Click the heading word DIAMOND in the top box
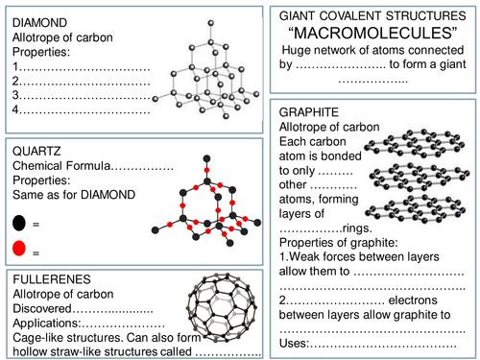click(39, 23)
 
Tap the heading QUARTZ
click(36, 151)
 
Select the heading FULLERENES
click(52, 279)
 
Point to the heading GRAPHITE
click(309, 112)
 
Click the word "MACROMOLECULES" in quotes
click(372, 33)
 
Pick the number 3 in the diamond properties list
click(15, 95)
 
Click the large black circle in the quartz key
click(19, 223)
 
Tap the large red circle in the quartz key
click(19, 248)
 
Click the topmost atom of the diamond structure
click(210, 23)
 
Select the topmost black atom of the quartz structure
click(206, 158)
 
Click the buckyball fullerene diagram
click(222, 307)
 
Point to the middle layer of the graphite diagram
click(420, 177)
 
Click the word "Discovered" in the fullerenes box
click(42, 308)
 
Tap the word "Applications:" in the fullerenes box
click(47, 323)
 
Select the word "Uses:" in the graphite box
click(294, 343)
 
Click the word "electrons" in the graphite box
click(413, 300)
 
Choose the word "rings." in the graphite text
click(357, 228)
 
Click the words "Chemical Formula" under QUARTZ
click(61, 166)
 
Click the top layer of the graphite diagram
click(415, 144)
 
